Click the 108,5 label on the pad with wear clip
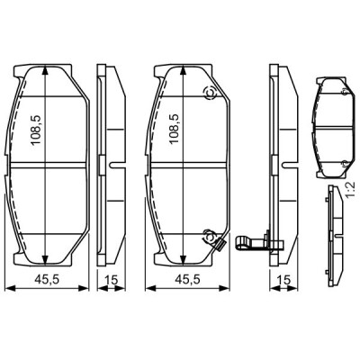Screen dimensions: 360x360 click(x=175, y=129)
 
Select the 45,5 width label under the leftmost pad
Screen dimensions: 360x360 click(x=47, y=280)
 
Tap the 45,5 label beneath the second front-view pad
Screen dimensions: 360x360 click(x=187, y=280)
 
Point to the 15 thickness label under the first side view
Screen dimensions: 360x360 click(x=111, y=280)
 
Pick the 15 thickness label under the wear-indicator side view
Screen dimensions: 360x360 click(x=283, y=280)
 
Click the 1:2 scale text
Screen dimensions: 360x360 click(x=350, y=189)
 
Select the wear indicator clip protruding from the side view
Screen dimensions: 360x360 click(x=259, y=242)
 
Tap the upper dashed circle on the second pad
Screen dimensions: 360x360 click(x=210, y=93)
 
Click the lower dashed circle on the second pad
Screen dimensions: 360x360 click(x=209, y=237)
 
